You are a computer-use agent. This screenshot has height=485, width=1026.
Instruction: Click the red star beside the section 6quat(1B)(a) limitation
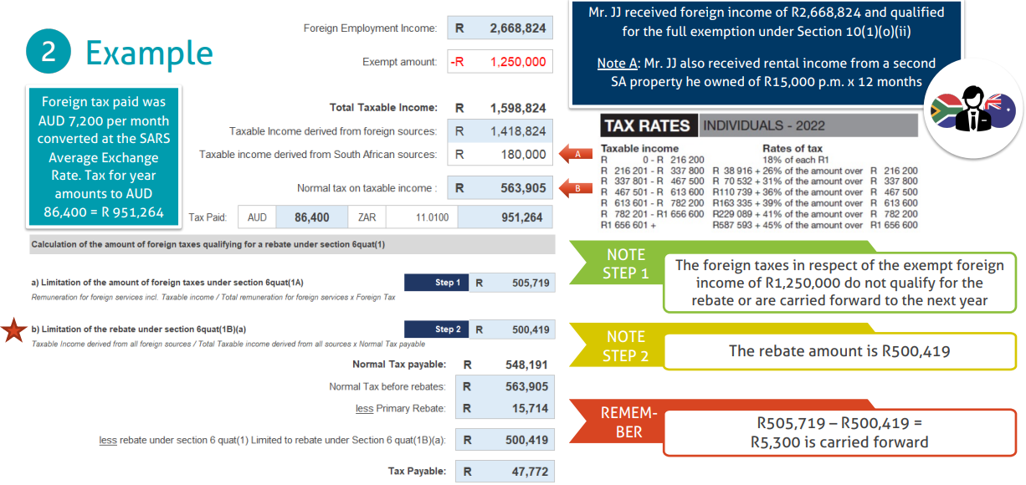pyautogui.click(x=14, y=331)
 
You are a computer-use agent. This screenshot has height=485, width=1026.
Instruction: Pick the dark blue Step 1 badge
pyautogui.click(x=436, y=283)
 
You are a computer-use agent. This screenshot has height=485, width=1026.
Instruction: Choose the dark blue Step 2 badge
pyautogui.click(x=436, y=329)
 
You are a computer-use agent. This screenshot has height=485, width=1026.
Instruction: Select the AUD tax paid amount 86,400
pyautogui.click(x=311, y=217)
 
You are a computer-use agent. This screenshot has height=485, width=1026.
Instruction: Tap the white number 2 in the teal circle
pyautogui.click(x=49, y=53)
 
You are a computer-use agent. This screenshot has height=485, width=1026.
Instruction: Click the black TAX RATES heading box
pyautogui.click(x=647, y=125)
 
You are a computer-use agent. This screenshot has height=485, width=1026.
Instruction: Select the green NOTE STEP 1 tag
pyautogui.click(x=625, y=263)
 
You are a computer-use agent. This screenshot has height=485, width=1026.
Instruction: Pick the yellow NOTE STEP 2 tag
pyautogui.click(x=625, y=345)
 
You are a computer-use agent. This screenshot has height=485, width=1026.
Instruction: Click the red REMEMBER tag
pyautogui.click(x=628, y=422)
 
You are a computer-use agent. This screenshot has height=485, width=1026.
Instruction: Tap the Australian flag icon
pyautogui.click(x=1001, y=110)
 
